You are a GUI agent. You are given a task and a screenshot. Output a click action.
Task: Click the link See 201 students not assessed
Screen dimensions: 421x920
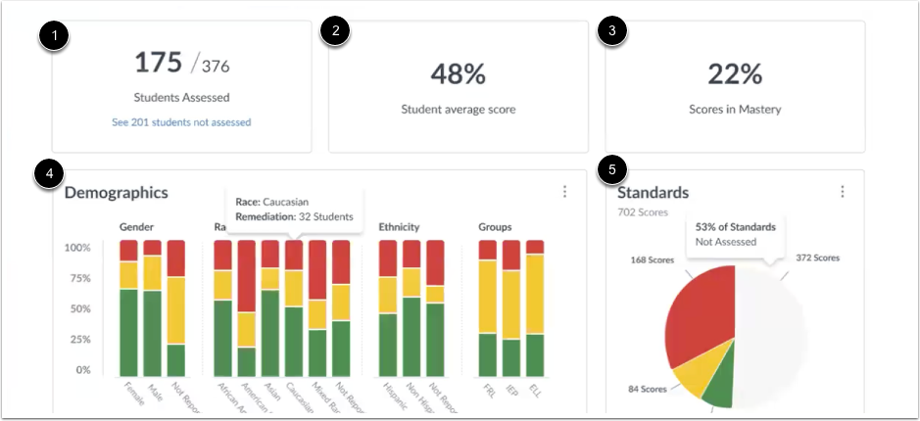tap(181, 122)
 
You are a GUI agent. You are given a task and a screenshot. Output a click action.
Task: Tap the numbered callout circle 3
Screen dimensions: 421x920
tap(612, 30)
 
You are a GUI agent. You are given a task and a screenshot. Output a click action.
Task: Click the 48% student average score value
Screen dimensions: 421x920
tap(459, 74)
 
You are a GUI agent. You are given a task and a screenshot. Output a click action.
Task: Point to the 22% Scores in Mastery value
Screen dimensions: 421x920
tap(735, 74)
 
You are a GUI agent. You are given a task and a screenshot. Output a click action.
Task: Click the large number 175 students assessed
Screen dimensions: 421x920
tap(159, 63)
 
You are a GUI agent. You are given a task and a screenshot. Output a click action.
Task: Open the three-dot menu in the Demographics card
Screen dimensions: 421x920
tap(564, 192)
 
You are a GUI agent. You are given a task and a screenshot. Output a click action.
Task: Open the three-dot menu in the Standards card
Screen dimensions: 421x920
tap(842, 192)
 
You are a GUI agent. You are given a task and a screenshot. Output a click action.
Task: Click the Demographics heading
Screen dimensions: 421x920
tap(117, 193)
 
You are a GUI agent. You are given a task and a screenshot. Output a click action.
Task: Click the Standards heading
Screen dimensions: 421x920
tap(653, 193)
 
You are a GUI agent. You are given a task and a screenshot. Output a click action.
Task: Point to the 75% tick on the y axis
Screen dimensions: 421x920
tap(77, 278)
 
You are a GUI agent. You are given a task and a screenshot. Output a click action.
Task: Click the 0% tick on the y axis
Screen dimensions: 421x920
tap(82, 371)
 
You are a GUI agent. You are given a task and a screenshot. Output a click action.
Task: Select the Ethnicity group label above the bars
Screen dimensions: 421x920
tap(399, 227)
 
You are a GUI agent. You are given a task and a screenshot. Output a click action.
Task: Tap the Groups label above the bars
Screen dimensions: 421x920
tap(495, 227)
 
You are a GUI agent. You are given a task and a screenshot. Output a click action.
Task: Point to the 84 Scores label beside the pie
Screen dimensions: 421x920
tap(648, 389)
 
